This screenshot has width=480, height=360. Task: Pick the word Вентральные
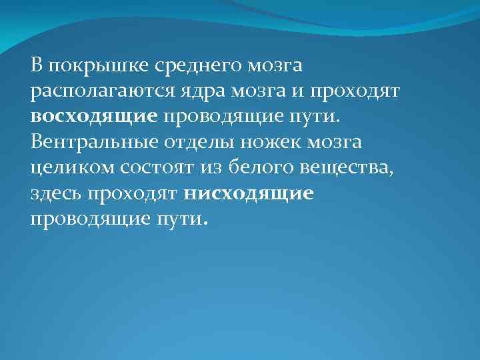[x=97, y=143]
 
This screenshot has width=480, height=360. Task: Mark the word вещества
[x=349, y=168]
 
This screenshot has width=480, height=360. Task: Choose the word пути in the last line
[x=187, y=219]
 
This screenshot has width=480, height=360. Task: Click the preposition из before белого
[x=216, y=168]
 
